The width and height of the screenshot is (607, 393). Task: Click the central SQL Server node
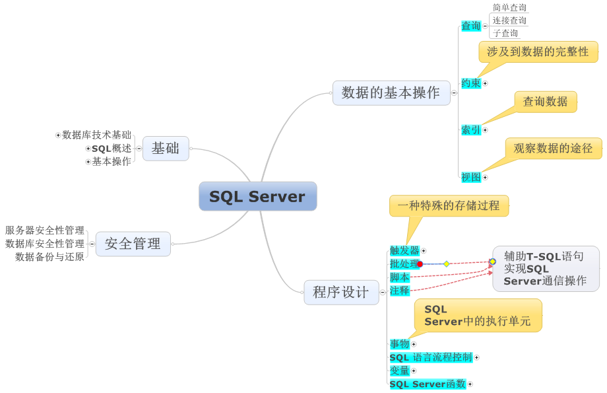tap(257, 197)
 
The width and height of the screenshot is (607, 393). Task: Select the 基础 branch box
tap(166, 149)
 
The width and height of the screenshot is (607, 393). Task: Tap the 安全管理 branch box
tap(133, 244)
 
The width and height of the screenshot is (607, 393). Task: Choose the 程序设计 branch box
tap(341, 292)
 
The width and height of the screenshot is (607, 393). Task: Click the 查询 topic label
tap(470, 26)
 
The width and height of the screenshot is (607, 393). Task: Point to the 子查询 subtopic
tap(505, 33)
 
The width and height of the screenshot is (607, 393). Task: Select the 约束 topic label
tap(470, 83)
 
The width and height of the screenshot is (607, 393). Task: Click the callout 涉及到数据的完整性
tap(538, 52)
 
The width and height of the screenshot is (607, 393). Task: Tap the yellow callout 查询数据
tap(545, 102)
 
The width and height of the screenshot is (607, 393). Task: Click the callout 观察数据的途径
tap(553, 149)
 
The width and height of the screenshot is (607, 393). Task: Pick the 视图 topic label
tap(470, 177)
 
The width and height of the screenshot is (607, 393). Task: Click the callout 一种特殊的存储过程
tap(449, 205)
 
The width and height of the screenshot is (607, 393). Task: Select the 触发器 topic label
tap(404, 250)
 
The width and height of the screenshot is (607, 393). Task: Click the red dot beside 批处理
tap(420, 264)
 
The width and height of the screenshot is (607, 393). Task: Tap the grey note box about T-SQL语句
tap(545, 269)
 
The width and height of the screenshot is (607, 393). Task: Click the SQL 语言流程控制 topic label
tap(430, 357)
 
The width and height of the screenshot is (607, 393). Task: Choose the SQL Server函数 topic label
tap(428, 384)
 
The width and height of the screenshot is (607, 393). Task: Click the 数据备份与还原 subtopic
tap(49, 257)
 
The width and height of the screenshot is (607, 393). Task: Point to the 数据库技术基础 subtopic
tap(96, 135)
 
